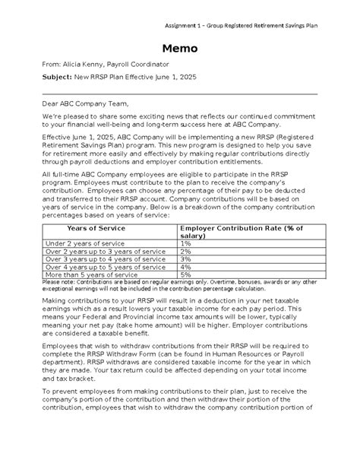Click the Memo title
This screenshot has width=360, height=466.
coord(179,49)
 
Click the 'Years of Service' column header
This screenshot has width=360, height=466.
coord(96,227)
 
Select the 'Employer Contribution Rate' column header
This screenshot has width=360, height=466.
coord(241,232)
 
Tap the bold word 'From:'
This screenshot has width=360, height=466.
coord(55,66)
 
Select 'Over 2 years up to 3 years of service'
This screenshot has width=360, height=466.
coord(106,251)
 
